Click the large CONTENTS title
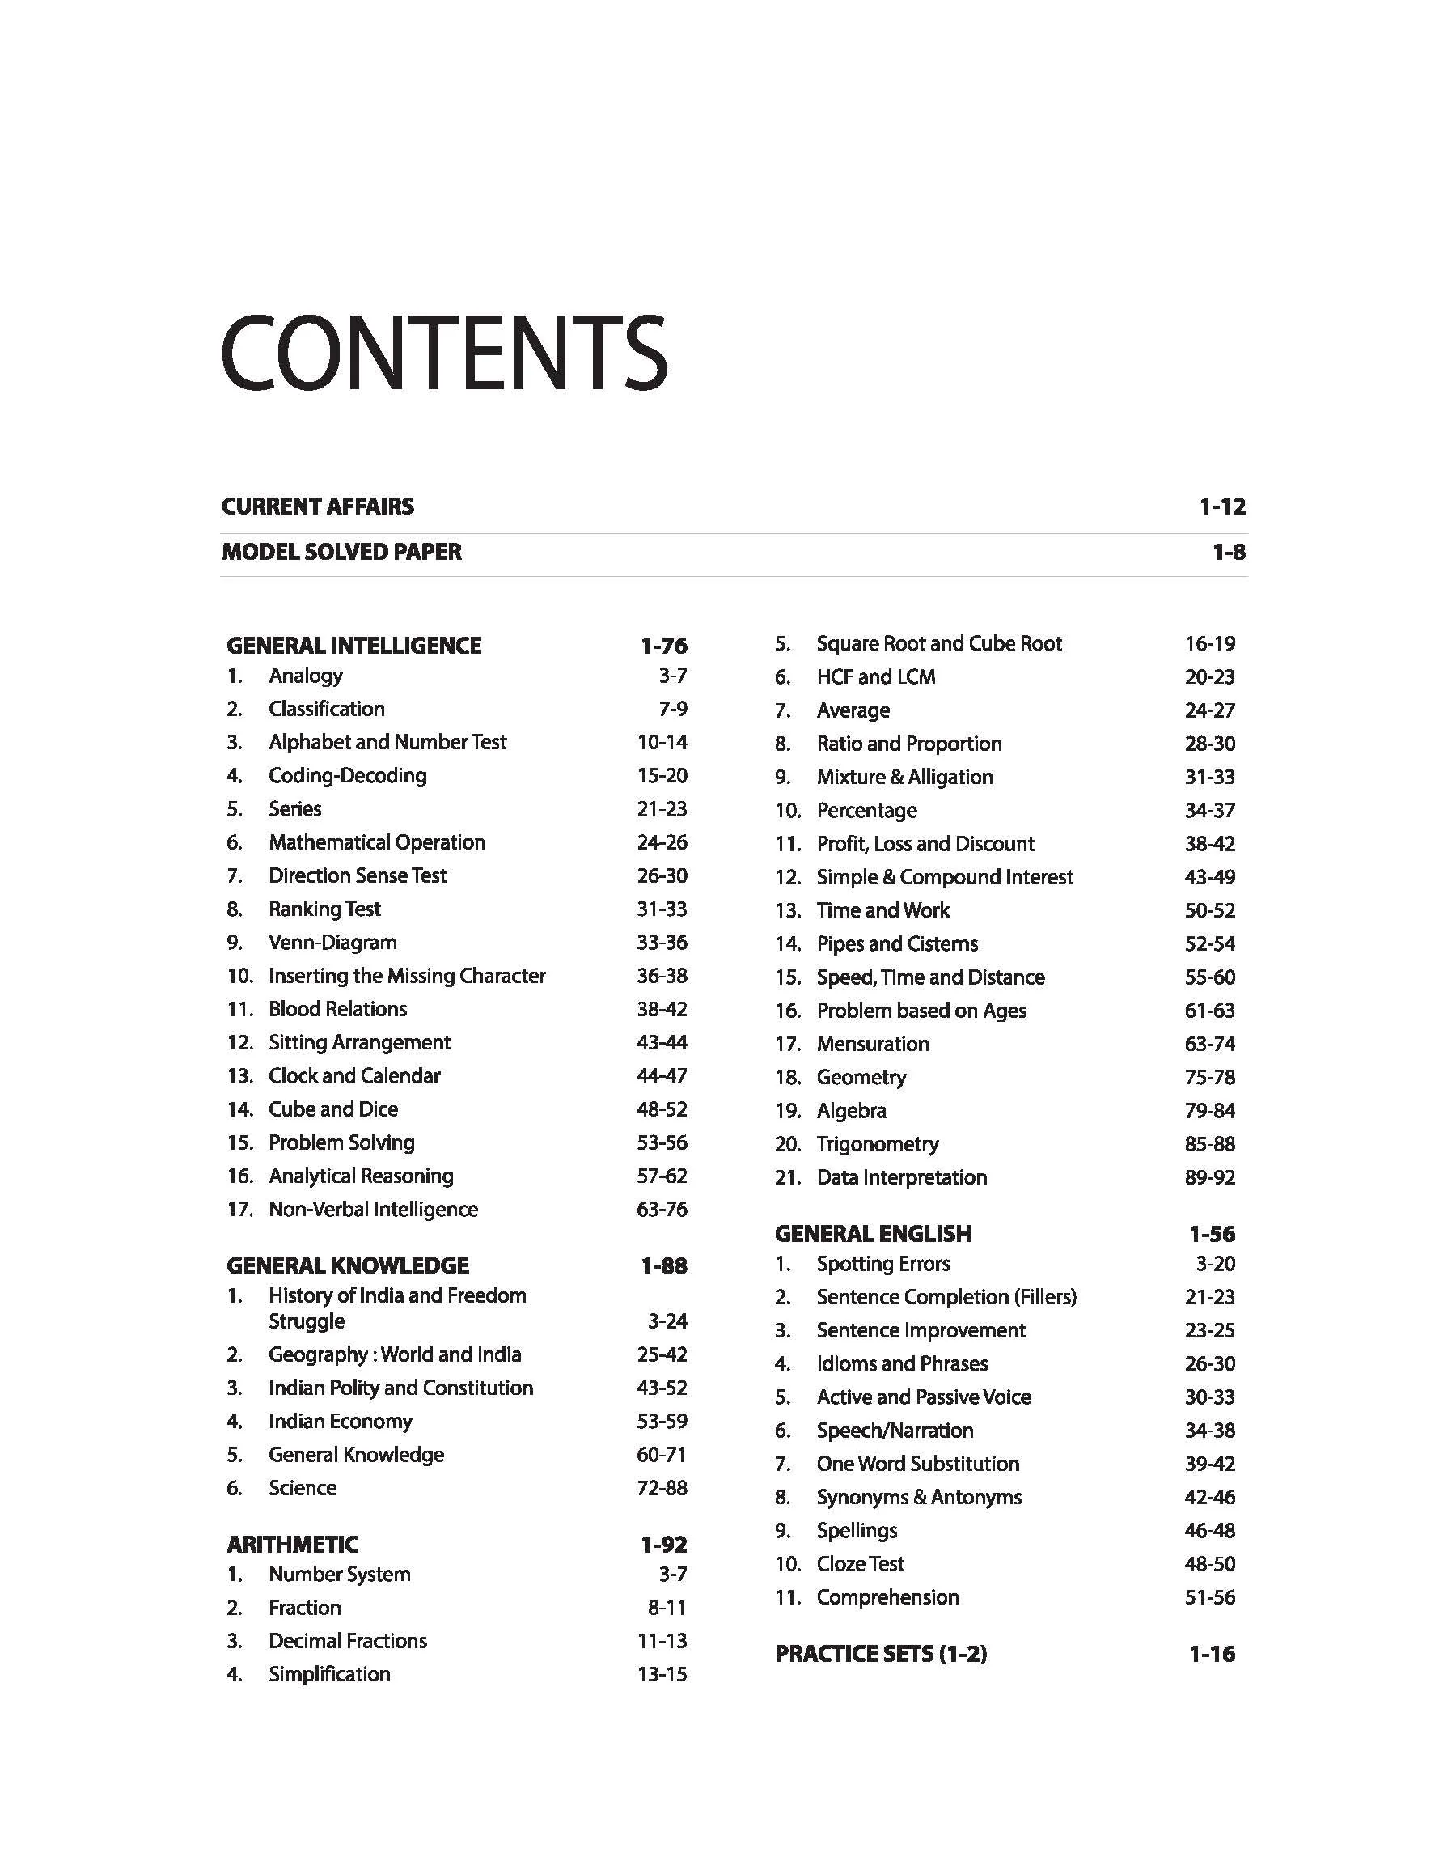coord(443,353)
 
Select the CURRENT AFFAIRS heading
coord(317,507)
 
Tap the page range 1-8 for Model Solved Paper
coord(1229,553)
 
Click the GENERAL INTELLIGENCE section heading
coord(353,646)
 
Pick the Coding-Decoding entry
coord(347,776)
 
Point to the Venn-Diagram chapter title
coord(332,943)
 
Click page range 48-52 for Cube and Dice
coord(662,1109)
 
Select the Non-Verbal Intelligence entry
coord(373,1209)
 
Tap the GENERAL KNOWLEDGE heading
coord(348,1265)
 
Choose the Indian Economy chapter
coord(340,1421)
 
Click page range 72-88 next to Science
coord(662,1488)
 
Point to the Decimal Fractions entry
coord(347,1640)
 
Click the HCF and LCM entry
coord(875,677)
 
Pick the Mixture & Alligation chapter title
coord(904,777)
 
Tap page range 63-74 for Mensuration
coord(1209,1044)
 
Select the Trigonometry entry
coord(877,1144)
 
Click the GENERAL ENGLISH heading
coord(873,1234)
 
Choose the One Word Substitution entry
coord(917,1464)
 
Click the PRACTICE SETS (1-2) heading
coord(881,1654)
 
